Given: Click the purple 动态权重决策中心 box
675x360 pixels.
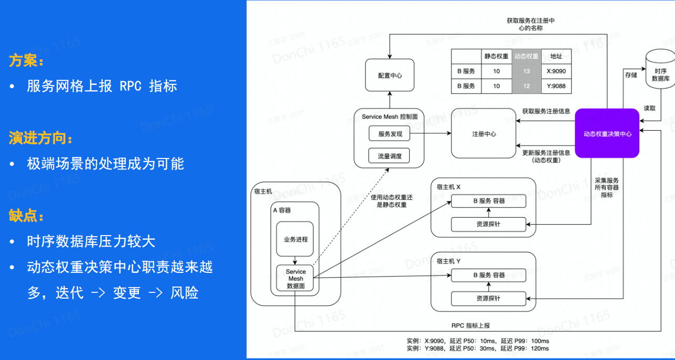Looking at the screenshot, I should (607, 133).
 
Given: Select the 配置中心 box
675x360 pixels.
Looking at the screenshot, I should (390, 76).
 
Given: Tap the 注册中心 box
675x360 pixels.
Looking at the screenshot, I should (484, 134).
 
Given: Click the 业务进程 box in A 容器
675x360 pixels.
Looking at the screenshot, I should (295, 239).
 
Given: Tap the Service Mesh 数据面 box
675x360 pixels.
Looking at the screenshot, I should (295, 279).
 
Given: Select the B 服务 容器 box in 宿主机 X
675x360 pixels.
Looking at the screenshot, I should (488, 200).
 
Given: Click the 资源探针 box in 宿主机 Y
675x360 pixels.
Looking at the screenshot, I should (488, 298).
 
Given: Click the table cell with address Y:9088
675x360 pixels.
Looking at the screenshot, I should (556, 86).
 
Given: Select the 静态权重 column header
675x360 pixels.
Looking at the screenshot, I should (496, 56).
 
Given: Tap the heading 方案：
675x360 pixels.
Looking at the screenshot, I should (26, 61).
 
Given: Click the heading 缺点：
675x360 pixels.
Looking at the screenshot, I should (26, 216).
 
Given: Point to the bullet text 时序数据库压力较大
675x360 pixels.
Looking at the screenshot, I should (91, 241).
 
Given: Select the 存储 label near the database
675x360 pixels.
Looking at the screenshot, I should (630, 75).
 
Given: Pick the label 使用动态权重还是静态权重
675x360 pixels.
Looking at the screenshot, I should (392, 201).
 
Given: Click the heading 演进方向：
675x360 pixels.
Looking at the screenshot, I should (40, 139).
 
